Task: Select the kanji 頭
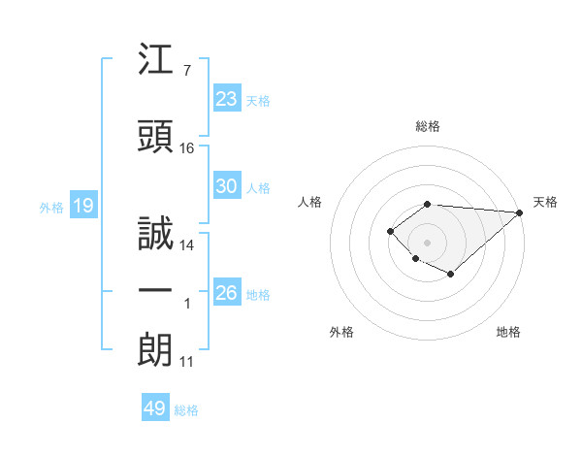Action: [156, 137]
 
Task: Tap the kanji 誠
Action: [156, 234]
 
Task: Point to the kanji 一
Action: [156, 293]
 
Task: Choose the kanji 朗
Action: [156, 350]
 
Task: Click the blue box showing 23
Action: [227, 99]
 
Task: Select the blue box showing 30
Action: [227, 186]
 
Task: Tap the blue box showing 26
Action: [227, 293]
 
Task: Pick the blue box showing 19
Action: [82, 206]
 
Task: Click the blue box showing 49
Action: [155, 408]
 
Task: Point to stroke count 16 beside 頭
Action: [187, 148]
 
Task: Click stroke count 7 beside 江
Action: [186, 71]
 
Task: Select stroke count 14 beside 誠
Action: [187, 245]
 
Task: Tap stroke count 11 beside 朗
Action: [187, 362]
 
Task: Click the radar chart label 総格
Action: [428, 126]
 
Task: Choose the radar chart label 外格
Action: [341, 332]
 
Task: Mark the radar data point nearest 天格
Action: [520, 213]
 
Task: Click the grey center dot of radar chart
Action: [427, 243]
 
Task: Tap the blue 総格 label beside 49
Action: [186, 410]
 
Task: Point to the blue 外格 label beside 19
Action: [50, 207]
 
